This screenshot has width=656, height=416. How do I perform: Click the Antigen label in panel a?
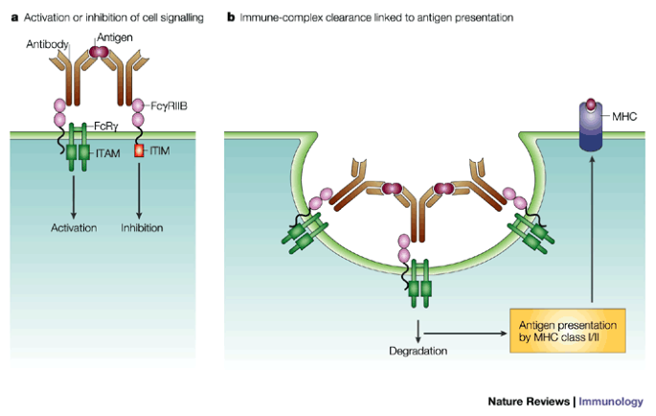(x=114, y=36)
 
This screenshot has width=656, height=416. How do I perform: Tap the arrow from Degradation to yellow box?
(x=469, y=333)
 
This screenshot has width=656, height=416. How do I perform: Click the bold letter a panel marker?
(x=13, y=17)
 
